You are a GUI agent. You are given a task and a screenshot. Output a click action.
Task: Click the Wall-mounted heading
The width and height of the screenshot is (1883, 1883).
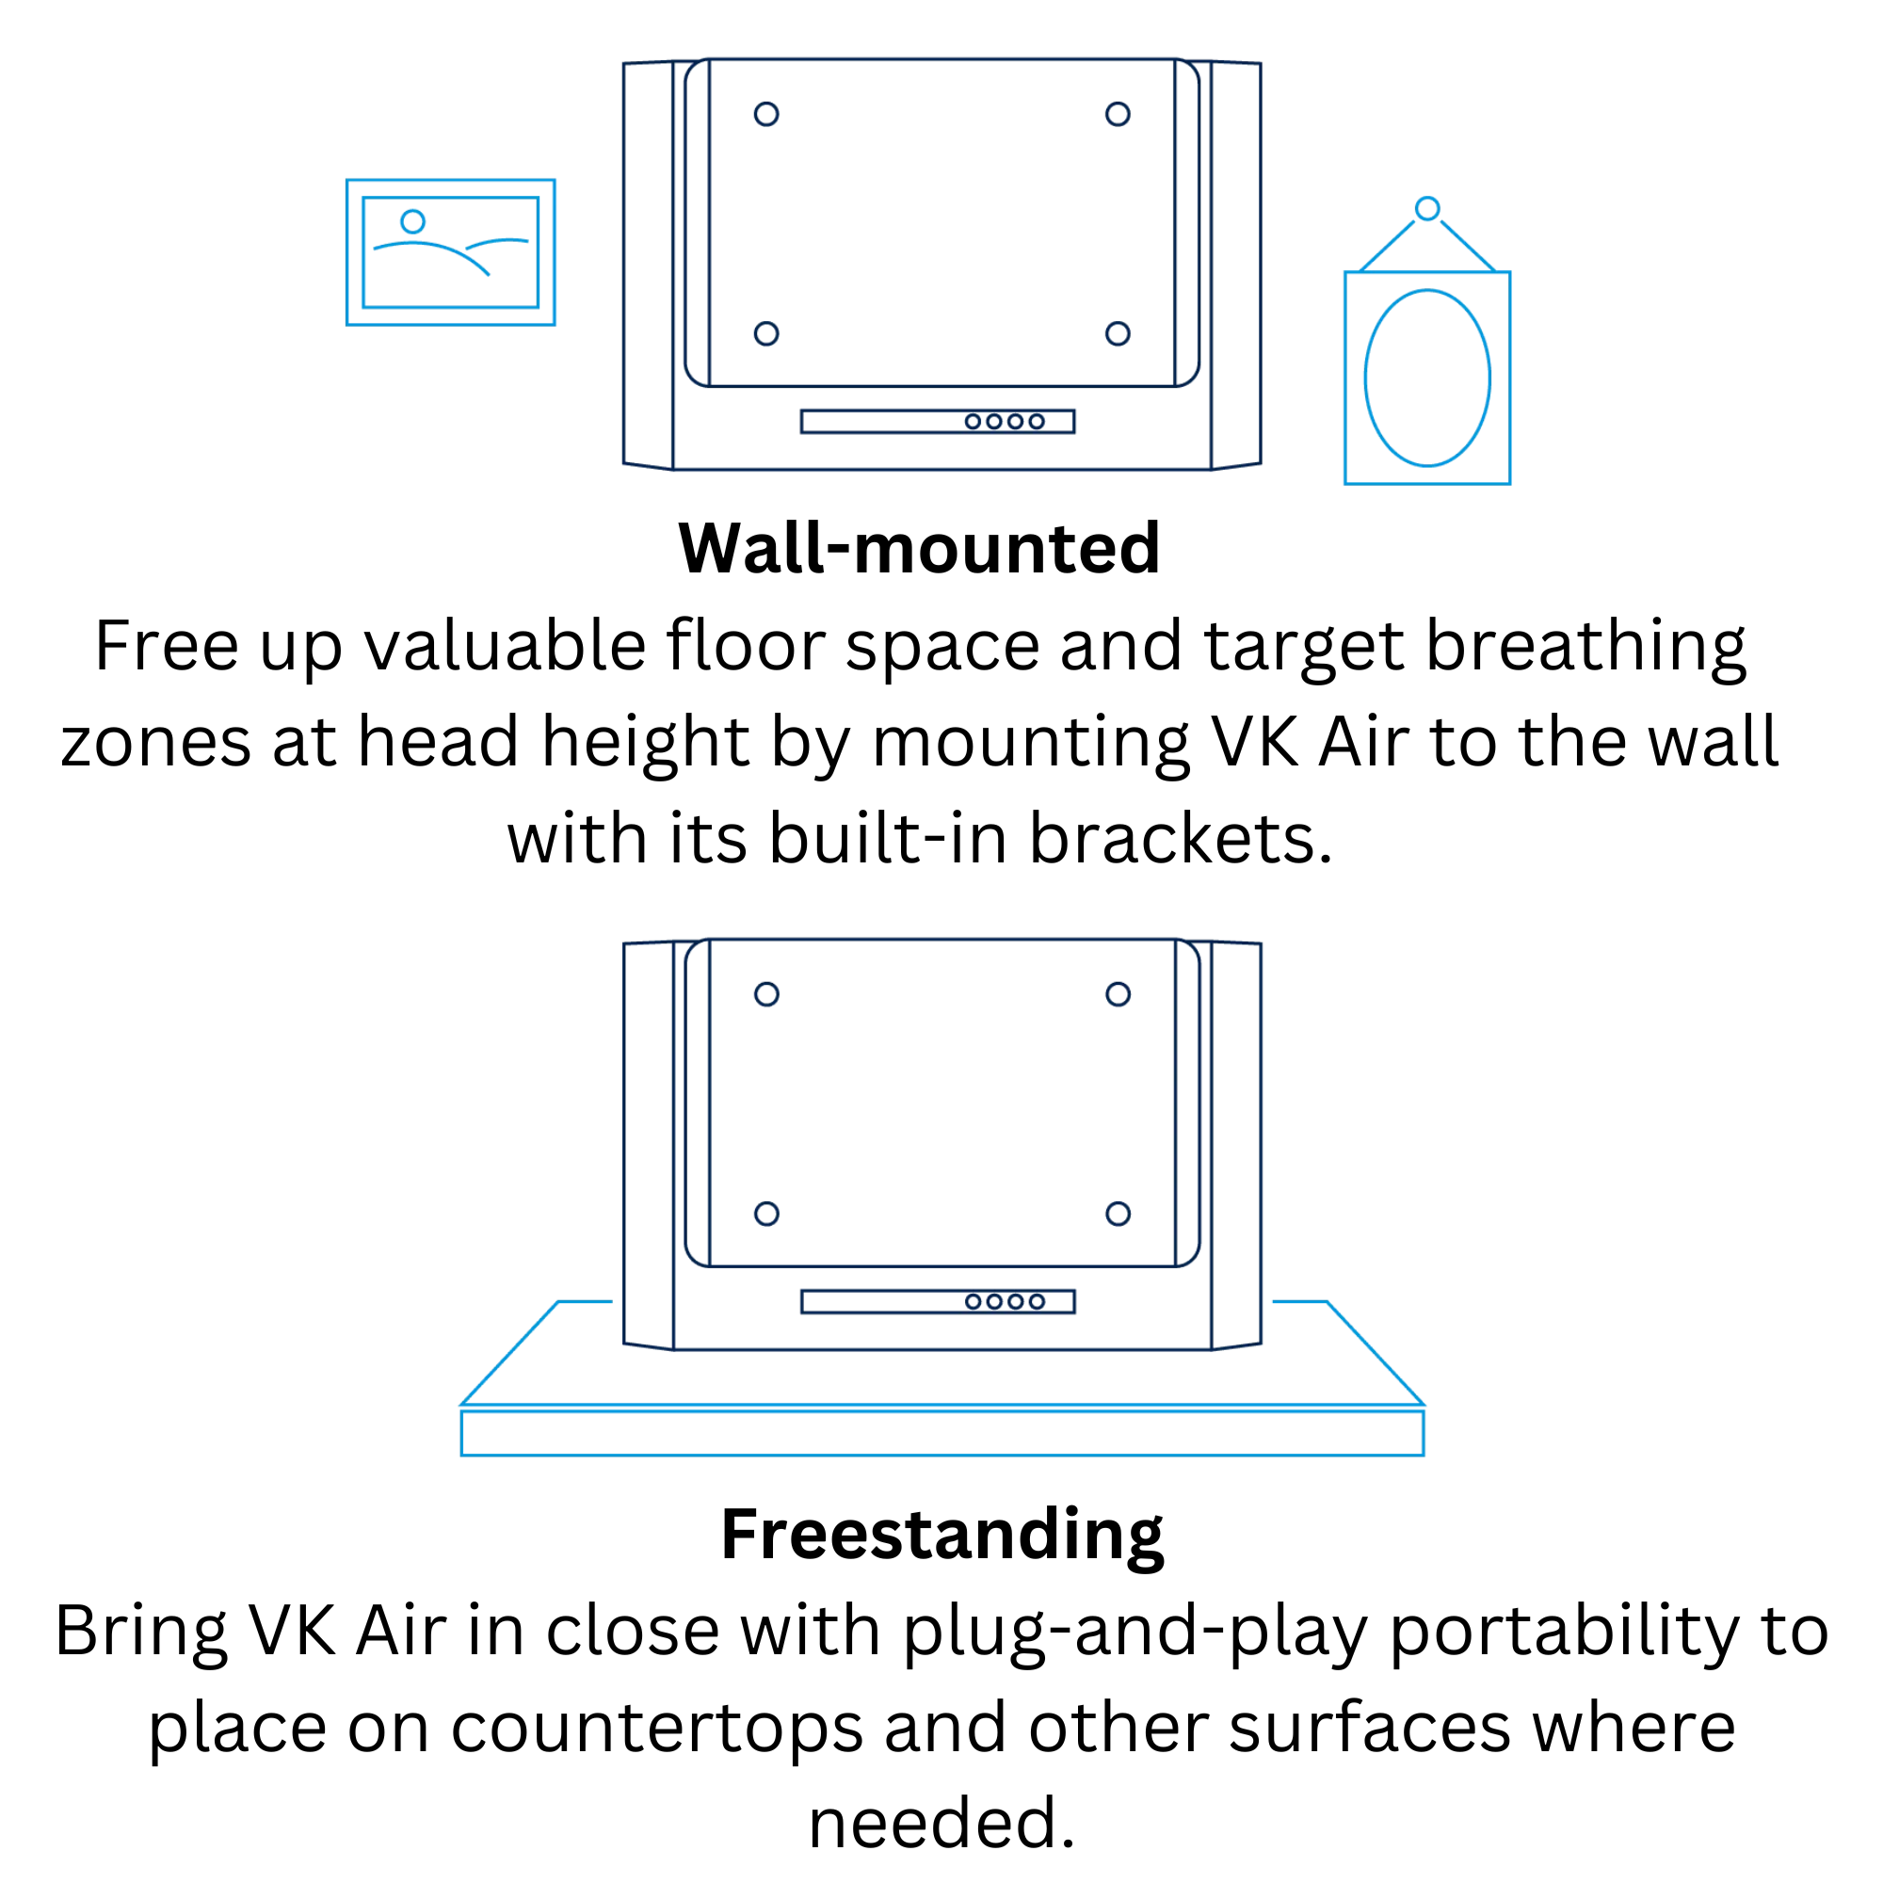click(919, 549)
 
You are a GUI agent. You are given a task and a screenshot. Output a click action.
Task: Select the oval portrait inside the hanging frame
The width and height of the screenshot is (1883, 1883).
click(1364, 378)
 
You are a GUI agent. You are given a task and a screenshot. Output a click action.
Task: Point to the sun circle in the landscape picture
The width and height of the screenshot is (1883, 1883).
click(413, 221)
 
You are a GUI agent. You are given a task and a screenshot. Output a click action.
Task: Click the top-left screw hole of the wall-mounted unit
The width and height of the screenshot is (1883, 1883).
click(766, 114)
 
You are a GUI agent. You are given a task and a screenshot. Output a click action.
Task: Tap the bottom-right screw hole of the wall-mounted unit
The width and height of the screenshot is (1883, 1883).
click(1118, 333)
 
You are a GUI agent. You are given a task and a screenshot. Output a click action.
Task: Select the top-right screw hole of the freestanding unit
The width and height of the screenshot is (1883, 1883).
click(1118, 994)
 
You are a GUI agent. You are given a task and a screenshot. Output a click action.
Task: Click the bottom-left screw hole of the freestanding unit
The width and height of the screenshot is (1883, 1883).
click(766, 1214)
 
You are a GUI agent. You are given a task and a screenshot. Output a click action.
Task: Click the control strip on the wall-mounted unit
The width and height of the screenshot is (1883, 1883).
click(938, 421)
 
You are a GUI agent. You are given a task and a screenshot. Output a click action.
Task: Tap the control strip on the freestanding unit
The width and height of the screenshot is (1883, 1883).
click(938, 1302)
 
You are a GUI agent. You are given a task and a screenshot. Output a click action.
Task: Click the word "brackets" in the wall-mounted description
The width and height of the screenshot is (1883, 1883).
click(1181, 839)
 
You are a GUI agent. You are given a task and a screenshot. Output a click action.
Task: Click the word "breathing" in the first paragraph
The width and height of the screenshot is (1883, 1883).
click(1585, 648)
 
